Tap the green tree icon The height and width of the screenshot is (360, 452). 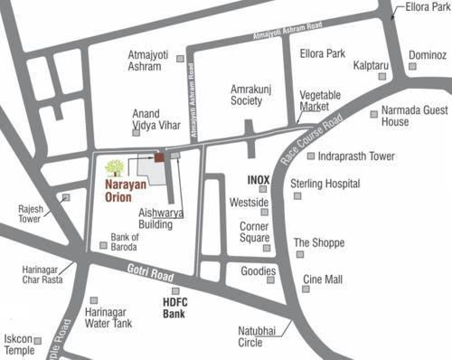click(114, 167)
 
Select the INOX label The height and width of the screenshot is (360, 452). click(259, 179)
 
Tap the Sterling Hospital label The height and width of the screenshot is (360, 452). click(325, 184)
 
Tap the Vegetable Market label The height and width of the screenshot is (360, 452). click(320, 100)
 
